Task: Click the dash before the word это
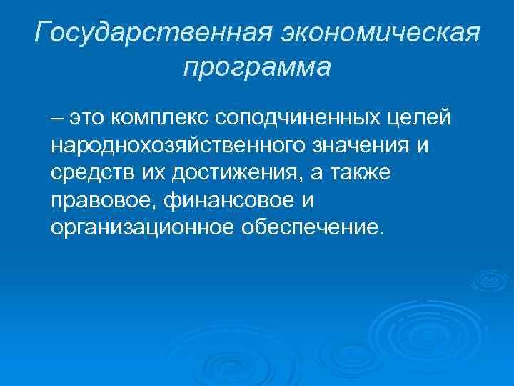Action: pos(56,117)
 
